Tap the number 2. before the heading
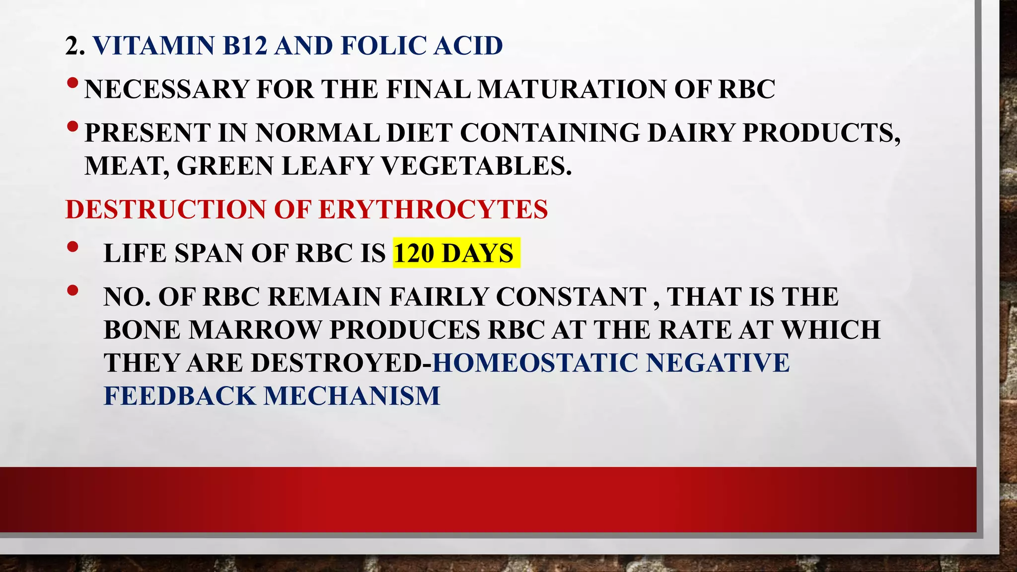75,46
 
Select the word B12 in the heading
245,46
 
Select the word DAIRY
691,133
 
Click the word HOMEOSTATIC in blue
535,363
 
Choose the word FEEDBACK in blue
179,396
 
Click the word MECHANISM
352,396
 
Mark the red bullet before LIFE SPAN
72,246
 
